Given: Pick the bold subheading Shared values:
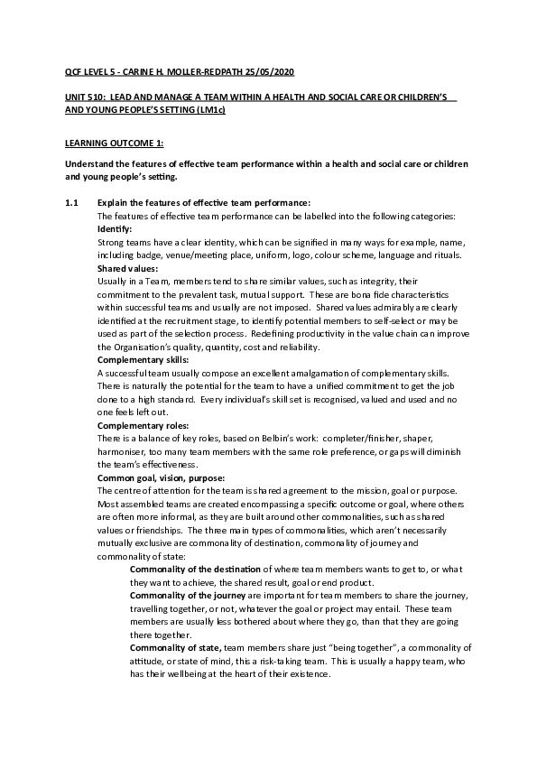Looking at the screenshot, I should (x=127, y=268).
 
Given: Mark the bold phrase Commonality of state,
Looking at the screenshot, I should (x=176, y=647).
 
